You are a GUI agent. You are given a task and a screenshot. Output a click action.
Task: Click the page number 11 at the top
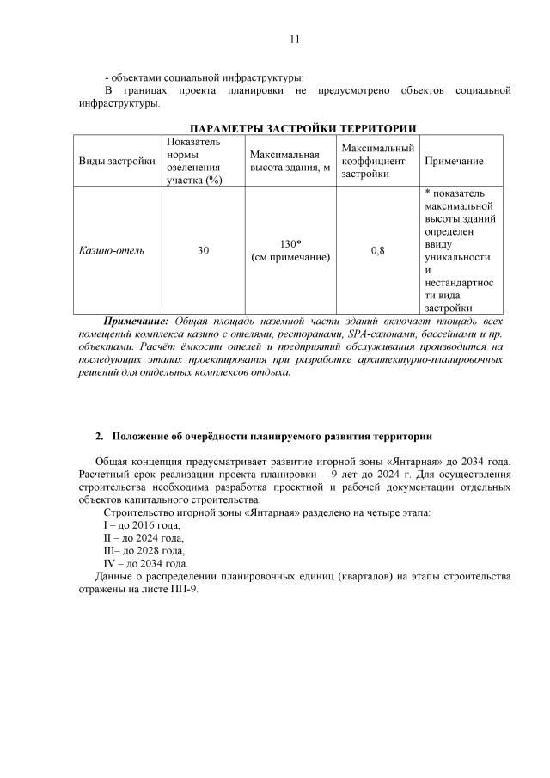click(294, 39)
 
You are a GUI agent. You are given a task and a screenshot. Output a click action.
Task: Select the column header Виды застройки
click(117, 161)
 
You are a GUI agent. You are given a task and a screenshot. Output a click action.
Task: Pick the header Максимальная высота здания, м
click(290, 161)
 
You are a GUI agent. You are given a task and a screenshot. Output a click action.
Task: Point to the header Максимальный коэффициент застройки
click(377, 161)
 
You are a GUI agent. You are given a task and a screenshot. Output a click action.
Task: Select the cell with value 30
click(203, 251)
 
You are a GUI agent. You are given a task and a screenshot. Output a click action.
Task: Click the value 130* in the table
click(290, 244)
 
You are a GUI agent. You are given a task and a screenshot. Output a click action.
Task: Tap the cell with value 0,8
click(377, 251)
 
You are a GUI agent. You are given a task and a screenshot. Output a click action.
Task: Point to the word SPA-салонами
click(381, 334)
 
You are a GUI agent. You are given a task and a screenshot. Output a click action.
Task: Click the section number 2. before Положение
click(99, 436)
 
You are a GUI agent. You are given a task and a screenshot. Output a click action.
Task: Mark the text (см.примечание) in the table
click(290, 257)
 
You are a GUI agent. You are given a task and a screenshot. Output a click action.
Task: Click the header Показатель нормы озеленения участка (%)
click(193, 161)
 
